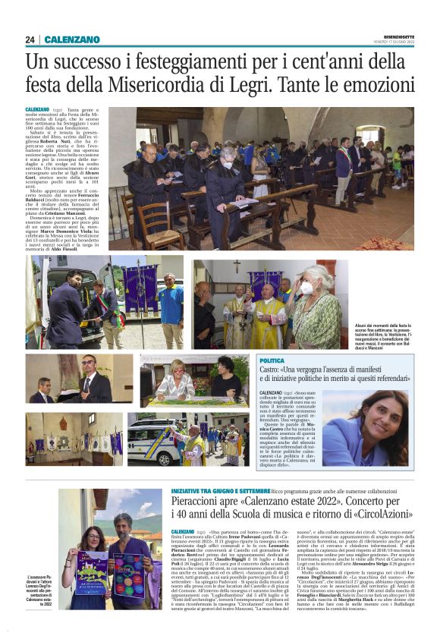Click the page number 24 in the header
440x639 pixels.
30,39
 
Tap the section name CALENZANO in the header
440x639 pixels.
72,39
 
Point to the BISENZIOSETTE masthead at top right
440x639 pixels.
392,34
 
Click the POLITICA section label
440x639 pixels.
272,360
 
